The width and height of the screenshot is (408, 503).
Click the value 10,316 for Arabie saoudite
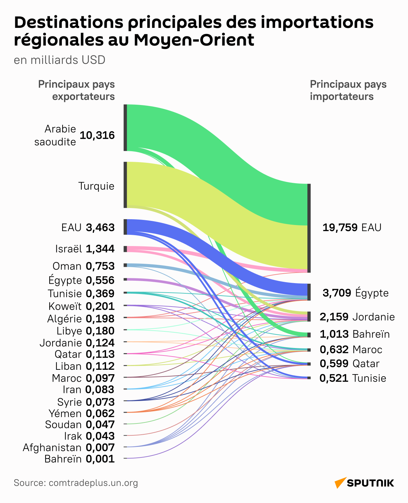click(x=97, y=136)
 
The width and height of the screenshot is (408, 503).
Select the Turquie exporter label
click(x=96, y=186)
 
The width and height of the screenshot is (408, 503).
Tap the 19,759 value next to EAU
click(x=340, y=227)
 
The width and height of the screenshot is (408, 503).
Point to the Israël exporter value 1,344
click(x=100, y=249)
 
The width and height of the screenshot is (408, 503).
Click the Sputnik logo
click(x=364, y=483)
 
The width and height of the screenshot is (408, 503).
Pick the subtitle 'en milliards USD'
click(x=60, y=60)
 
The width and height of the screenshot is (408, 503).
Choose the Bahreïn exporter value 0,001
click(x=100, y=459)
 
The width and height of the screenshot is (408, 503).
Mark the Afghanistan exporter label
click(x=52, y=448)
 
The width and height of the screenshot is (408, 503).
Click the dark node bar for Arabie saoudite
click(x=125, y=128)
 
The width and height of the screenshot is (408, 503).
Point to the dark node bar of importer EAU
click(x=309, y=228)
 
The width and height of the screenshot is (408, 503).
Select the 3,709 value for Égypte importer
click(x=337, y=293)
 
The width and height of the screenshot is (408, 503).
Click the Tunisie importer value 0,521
click(x=334, y=378)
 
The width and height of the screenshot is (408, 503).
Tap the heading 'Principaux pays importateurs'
click(x=348, y=90)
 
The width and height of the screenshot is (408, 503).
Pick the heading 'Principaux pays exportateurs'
click(x=76, y=90)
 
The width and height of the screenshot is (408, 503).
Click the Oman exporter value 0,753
click(x=100, y=266)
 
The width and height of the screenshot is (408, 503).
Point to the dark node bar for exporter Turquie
click(x=125, y=185)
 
